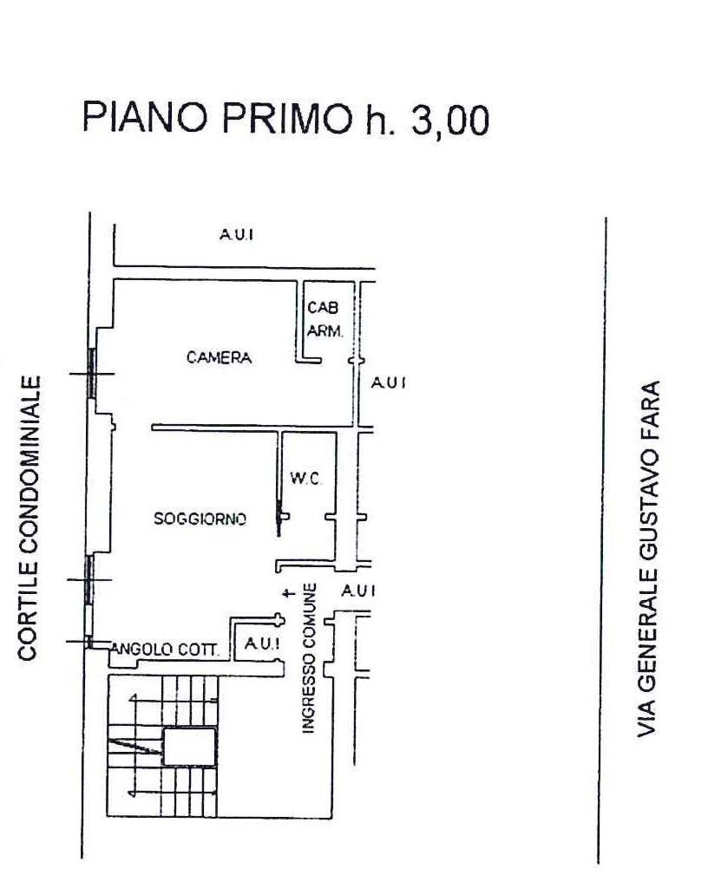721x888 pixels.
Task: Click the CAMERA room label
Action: [219, 357]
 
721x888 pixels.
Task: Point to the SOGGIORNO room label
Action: [200, 519]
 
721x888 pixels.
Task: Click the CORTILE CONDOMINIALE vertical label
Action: [29, 517]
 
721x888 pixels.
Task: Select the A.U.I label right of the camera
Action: [388, 382]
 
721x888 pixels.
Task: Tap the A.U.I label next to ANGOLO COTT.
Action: [260, 643]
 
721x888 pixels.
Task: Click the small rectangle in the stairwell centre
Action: [189, 747]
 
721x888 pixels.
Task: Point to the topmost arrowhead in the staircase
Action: [133, 697]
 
